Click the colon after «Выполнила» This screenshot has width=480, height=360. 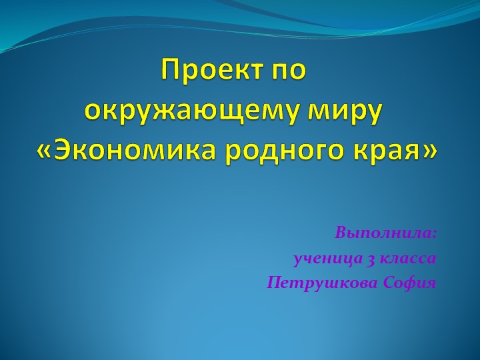click(434, 235)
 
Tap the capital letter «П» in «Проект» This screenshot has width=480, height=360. click(170, 70)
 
